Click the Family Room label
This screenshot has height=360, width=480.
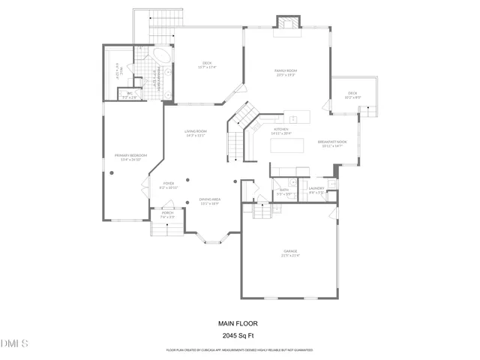point(286,72)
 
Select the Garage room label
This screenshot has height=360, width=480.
point(290,253)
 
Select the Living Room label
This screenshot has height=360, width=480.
point(196,133)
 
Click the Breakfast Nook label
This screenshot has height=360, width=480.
point(331,143)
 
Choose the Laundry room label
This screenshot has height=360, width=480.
point(316,190)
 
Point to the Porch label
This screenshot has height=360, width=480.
point(167,214)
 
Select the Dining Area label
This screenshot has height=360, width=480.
point(209,201)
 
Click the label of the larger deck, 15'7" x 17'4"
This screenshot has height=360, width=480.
point(207,64)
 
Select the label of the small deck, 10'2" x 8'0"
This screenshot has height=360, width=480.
point(352,95)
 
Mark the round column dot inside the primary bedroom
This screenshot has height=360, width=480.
point(111,172)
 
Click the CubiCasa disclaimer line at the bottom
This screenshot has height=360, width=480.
point(239,349)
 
